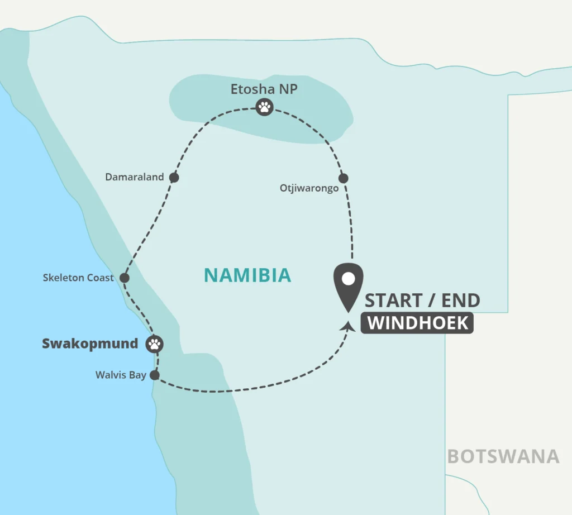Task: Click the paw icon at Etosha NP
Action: click(264, 107)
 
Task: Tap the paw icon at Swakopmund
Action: click(155, 344)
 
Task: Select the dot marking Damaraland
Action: click(174, 178)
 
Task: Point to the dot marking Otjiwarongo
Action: click(344, 178)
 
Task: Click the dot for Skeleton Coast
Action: click(125, 278)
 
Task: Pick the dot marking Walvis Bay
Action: click(155, 375)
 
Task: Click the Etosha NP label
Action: click(264, 89)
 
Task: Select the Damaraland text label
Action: click(135, 177)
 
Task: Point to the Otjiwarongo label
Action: click(309, 189)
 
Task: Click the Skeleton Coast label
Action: click(78, 278)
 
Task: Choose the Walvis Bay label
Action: click(121, 375)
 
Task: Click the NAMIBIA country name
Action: click(247, 275)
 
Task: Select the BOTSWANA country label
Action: click(503, 456)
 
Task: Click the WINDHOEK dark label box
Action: click(417, 323)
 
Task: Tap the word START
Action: click(393, 301)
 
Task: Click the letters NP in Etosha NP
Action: click(288, 89)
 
